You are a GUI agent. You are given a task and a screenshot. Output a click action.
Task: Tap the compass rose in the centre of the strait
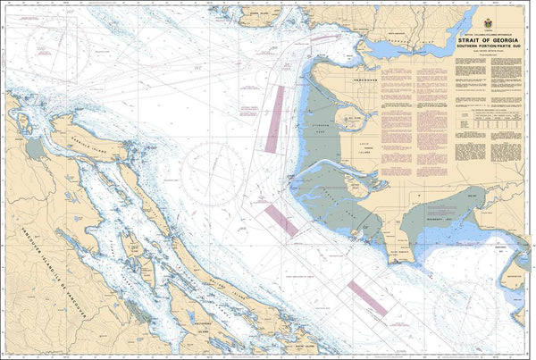point(211,166)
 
